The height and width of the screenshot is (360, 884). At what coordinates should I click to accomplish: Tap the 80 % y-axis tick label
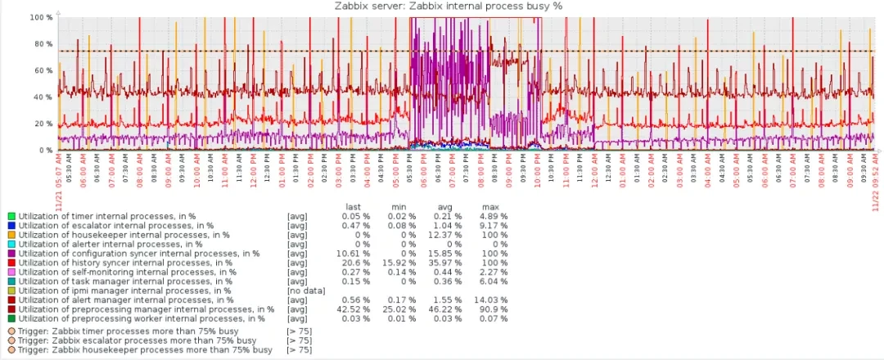point(44,44)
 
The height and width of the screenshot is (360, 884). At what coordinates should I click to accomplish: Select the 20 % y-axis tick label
point(44,124)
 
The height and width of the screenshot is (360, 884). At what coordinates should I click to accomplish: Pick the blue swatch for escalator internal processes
point(11,226)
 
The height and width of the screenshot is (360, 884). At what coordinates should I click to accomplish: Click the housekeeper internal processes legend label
point(115,235)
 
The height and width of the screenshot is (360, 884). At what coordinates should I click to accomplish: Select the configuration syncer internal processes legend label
point(139,254)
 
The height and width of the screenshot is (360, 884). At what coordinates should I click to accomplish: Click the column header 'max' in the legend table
point(490,207)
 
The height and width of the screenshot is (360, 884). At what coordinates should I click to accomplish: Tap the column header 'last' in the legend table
point(354,207)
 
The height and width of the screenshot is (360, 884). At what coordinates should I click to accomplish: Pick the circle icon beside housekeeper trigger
point(11,350)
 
